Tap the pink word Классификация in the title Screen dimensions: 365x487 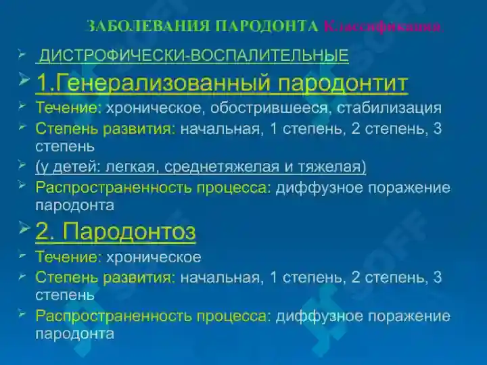[383, 26]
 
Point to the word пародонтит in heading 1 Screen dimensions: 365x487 [344, 83]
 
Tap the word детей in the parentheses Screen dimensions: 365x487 [72, 166]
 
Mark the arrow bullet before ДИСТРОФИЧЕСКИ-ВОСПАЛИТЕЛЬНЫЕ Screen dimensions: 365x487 [22, 53]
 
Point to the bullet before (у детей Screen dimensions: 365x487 [22, 164]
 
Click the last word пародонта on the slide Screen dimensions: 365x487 [74, 333]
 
